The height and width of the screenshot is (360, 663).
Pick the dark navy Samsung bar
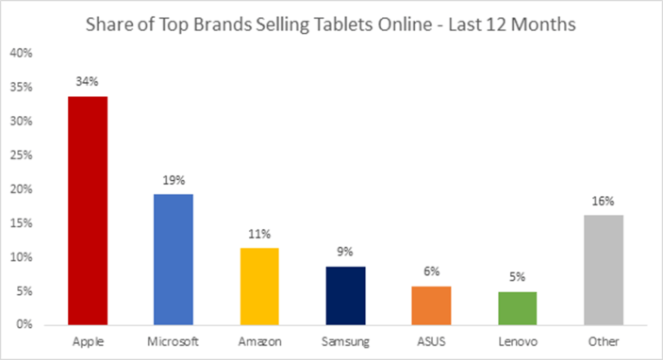(x=344, y=295)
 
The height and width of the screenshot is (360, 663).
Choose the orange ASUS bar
(x=431, y=304)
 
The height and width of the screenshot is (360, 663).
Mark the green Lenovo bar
(x=517, y=307)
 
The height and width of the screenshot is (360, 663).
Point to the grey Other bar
(x=603, y=270)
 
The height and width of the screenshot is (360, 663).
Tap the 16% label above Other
(x=604, y=201)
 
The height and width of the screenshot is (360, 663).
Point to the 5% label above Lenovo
(x=517, y=277)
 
